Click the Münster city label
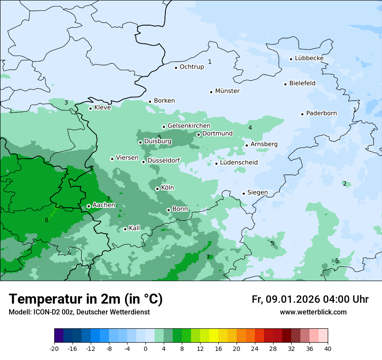click(x=227, y=91)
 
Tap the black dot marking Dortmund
click(x=198, y=134)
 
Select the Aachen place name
click(x=104, y=205)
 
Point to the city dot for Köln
click(x=157, y=189)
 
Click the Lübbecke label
click(x=309, y=58)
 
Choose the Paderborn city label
click(x=321, y=113)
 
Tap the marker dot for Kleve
click(x=90, y=108)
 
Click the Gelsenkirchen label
click(x=189, y=126)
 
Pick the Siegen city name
click(x=257, y=193)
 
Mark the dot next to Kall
click(x=125, y=229)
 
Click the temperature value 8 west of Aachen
click(x=46, y=220)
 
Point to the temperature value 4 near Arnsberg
click(x=250, y=128)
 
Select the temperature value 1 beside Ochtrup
click(x=210, y=62)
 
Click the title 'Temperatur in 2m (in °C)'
click(x=86, y=299)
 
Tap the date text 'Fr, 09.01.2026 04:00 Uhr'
click(x=310, y=299)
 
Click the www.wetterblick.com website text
click(x=313, y=312)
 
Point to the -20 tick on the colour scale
click(x=54, y=348)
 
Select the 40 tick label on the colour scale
click(x=327, y=348)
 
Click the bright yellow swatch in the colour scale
click(x=214, y=336)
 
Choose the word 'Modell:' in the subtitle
click(x=19, y=312)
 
